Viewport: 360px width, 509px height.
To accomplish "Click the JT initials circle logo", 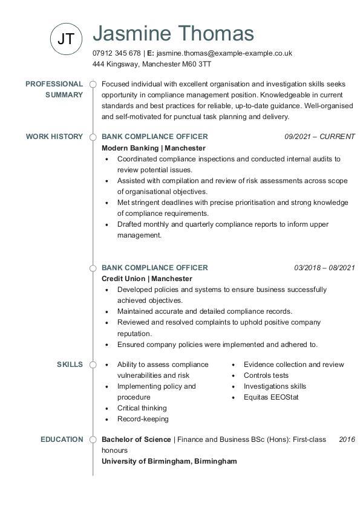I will pyautogui.click(x=65, y=39).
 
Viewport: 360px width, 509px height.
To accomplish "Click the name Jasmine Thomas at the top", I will pyautogui.click(x=173, y=34).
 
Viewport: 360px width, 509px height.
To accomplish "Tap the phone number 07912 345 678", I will pyautogui.click(x=117, y=53).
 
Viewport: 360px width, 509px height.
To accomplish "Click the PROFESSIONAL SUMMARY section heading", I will pyautogui.click(x=54, y=89).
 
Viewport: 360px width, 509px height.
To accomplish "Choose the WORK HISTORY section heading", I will pyautogui.click(x=54, y=137).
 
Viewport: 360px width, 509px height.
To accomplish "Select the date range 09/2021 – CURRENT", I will pyautogui.click(x=319, y=137).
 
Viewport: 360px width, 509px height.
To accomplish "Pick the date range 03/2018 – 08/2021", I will pyautogui.click(x=324, y=268).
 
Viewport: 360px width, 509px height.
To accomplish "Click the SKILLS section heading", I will pyautogui.click(x=70, y=365).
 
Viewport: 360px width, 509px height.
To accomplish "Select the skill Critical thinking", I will pyautogui.click(x=142, y=408).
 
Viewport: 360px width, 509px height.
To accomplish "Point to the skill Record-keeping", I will pyautogui.click(x=143, y=419).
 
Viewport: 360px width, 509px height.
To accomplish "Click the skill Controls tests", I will pyautogui.click(x=266, y=375).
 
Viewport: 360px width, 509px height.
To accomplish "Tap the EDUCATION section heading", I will pyautogui.click(x=62, y=439).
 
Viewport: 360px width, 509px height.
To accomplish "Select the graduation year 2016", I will pyautogui.click(x=347, y=439).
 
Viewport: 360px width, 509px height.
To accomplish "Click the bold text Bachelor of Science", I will pyautogui.click(x=136, y=439).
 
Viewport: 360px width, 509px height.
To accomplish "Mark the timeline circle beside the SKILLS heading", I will pyautogui.click(x=93, y=365).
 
